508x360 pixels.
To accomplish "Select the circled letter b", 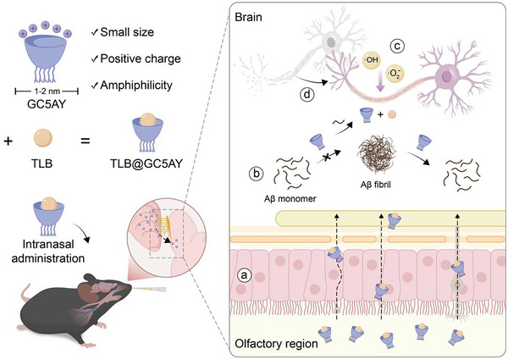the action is [x=257, y=174].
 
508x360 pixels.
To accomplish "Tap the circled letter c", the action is [x=397, y=47].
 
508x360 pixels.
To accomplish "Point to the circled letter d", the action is [x=307, y=95].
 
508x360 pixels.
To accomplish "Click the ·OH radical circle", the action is [x=372, y=59].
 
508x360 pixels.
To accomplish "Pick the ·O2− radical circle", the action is [x=395, y=75].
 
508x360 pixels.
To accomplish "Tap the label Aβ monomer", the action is [x=290, y=198].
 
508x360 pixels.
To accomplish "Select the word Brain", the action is [x=248, y=17].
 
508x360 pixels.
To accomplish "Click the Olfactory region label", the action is [x=276, y=343].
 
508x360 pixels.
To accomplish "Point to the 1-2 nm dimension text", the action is [x=47, y=91].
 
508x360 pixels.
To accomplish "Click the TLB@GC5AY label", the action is [x=146, y=163].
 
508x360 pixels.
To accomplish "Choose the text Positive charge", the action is [x=141, y=58].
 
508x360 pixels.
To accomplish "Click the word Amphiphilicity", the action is [x=136, y=86].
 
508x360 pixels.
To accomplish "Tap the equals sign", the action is [x=86, y=141].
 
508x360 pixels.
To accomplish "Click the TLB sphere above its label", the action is [x=43, y=138].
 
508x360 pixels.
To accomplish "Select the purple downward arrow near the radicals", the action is [x=380, y=83].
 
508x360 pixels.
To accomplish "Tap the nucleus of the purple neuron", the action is [x=447, y=76].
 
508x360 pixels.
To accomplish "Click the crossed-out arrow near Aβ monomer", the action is [x=329, y=156].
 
